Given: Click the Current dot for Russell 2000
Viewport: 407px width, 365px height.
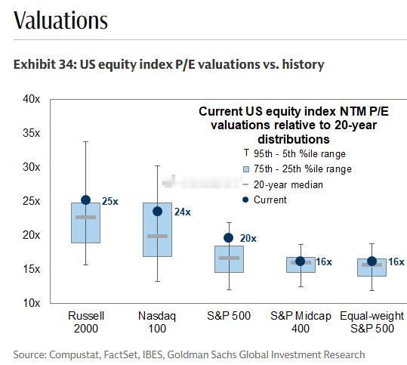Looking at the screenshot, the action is coord(85,200).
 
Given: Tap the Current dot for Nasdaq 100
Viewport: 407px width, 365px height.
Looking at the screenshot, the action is coord(157,212).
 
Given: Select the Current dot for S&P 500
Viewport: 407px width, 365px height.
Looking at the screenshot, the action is coord(228,238).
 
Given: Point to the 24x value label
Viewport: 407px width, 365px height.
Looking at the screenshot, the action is coord(183,212).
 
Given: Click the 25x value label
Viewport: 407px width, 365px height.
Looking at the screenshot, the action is coord(110,201).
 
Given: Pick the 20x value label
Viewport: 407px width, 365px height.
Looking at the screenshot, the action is coord(248,238).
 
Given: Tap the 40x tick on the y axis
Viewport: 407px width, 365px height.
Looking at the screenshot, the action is coord(32,99).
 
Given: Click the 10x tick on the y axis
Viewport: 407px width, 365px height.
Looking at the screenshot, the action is coord(32,303).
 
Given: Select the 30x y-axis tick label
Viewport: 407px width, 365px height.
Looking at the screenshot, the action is coord(32,167).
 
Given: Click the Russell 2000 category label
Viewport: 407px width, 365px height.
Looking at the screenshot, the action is coord(86,322).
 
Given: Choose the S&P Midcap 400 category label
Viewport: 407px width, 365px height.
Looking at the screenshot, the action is coord(301,322).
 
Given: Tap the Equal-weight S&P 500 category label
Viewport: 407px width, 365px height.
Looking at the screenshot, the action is coord(372,322).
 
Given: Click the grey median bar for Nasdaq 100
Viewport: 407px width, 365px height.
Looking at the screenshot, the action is coord(157,236).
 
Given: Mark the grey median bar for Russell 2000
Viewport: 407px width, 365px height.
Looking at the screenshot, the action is coord(85,217).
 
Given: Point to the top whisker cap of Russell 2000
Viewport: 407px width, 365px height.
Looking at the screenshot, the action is coord(85,142).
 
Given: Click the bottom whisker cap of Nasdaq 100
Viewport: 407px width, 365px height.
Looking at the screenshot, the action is coord(157,281).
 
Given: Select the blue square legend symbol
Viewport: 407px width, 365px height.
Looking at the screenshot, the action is coord(246,169).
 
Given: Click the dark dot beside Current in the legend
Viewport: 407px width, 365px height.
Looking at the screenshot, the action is coord(245,200).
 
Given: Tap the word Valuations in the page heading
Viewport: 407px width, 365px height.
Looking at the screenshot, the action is coord(60,20).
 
